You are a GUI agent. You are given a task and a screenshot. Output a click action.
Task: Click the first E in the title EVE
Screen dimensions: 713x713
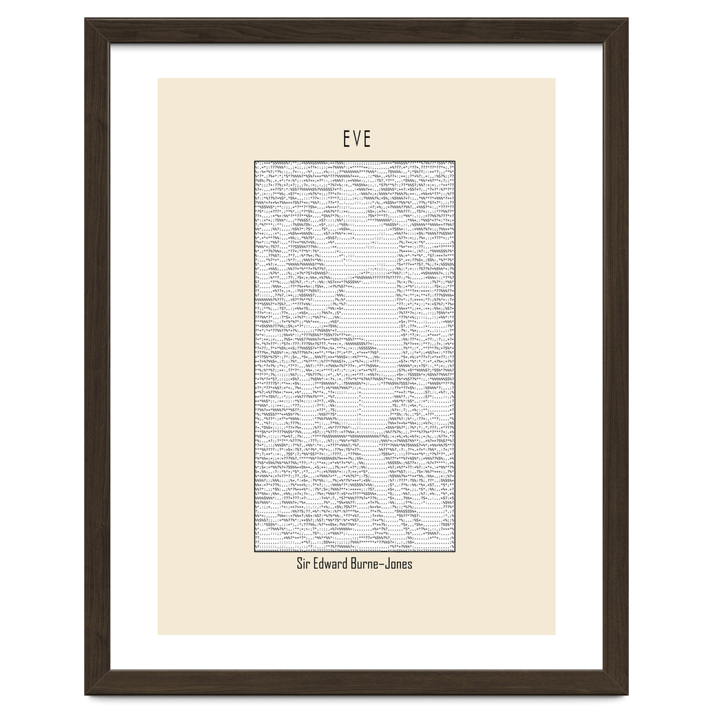point(346,140)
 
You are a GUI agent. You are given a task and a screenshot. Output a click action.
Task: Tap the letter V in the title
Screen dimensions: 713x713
point(356,140)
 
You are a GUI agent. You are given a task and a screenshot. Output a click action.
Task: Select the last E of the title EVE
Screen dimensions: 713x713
point(367,140)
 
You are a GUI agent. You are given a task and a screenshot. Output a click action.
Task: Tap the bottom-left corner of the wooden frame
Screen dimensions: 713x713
point(85,695)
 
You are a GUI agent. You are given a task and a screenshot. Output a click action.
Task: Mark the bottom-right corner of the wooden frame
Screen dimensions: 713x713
point(628,695)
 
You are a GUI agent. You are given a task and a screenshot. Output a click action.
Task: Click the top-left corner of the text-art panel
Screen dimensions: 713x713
point(254,159)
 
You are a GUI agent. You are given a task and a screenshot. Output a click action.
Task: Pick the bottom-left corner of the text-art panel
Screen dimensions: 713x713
point(254,553)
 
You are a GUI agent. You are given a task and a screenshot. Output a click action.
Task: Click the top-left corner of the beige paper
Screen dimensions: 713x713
point(158,78)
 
